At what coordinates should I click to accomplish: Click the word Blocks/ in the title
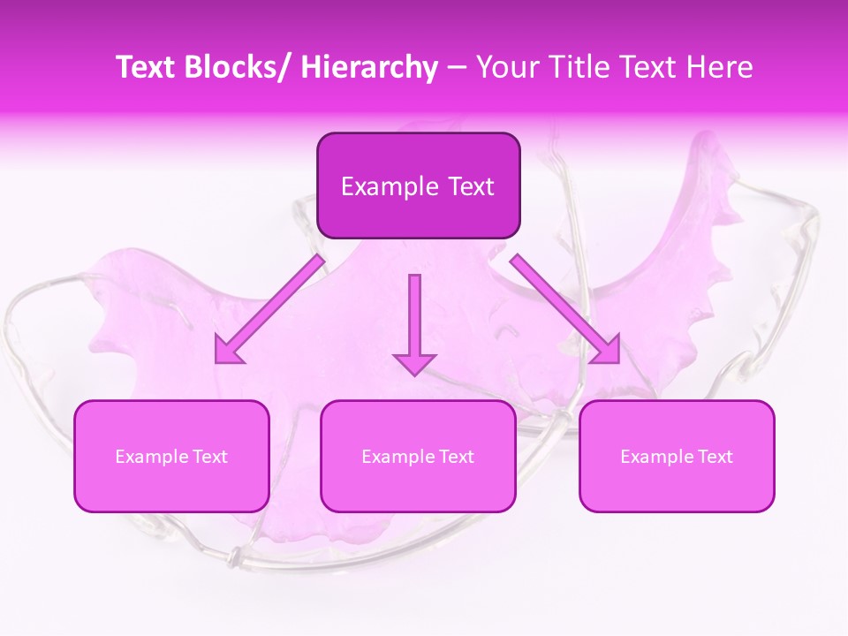(238, 67)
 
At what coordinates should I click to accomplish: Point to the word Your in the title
(506, 67)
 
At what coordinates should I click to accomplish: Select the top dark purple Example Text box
(418, 185)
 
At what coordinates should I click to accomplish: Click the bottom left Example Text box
(171, 456)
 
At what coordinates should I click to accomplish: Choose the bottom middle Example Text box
(418, 456)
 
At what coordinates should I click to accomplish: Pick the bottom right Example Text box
(677, 456)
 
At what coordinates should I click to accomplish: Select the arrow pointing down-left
(269, 309)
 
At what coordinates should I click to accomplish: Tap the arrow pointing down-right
(565, 309)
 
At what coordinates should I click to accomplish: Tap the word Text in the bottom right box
(715, 457)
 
